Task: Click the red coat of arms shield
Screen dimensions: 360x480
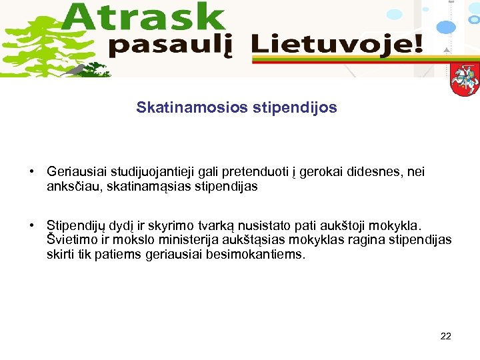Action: coord(464,80)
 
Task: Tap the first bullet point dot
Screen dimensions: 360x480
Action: coord(32,172)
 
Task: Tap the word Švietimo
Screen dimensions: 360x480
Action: coord(71,240)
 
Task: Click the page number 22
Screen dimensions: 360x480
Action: coord(446,336)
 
